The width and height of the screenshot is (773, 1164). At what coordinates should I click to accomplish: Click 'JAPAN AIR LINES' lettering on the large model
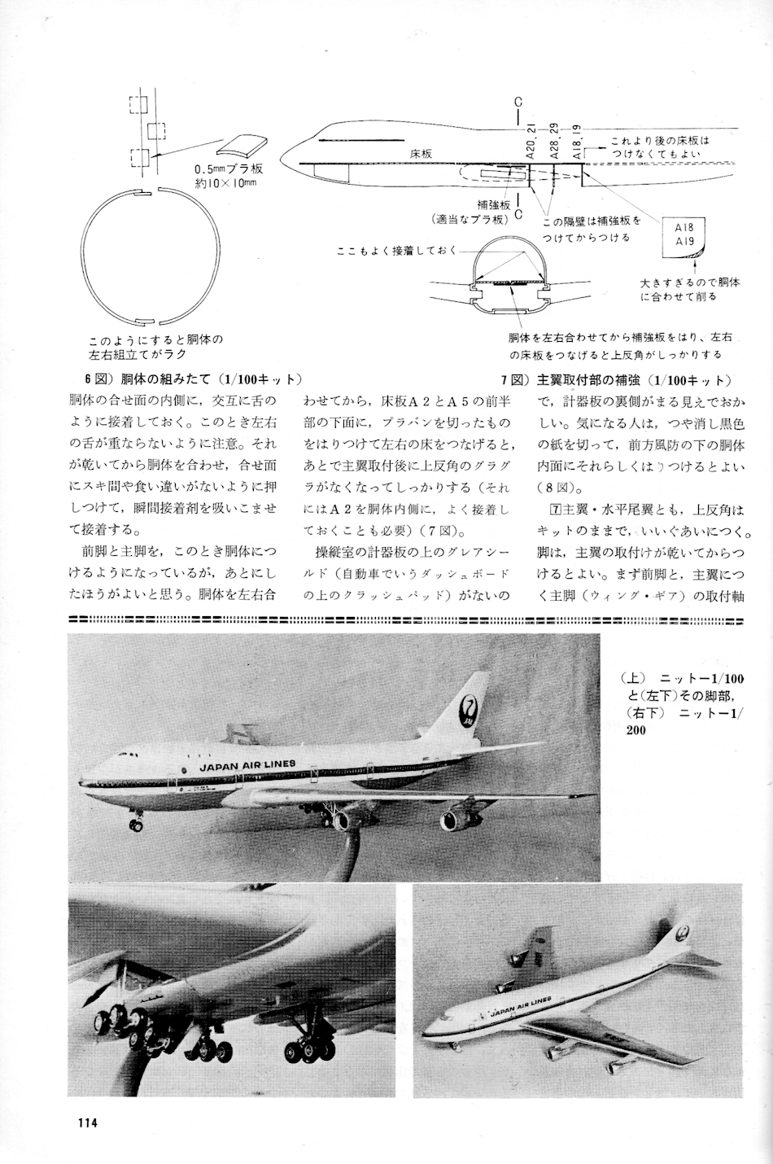point(247,764)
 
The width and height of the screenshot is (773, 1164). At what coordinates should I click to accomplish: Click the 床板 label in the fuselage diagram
point(421,153)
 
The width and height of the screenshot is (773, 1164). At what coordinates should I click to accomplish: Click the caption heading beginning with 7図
point(617,379)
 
